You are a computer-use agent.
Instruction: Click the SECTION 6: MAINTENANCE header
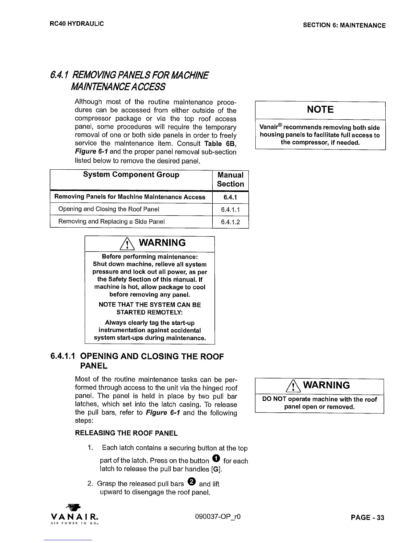[344, 25]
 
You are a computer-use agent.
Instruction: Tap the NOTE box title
[320, 110]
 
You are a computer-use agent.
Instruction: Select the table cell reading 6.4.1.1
[230, 209]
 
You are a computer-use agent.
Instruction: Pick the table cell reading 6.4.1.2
[230, 222]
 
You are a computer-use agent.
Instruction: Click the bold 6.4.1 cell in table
[230, 197]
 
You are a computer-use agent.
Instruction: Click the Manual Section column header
[230, 179]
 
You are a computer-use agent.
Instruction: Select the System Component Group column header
[131, 175]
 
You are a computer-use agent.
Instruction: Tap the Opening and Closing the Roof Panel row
[109, 209]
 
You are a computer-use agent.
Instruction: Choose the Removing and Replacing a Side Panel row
[112, 221]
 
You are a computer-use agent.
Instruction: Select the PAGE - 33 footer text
[367, 518]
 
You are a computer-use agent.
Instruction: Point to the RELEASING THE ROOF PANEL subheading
[126, 433]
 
